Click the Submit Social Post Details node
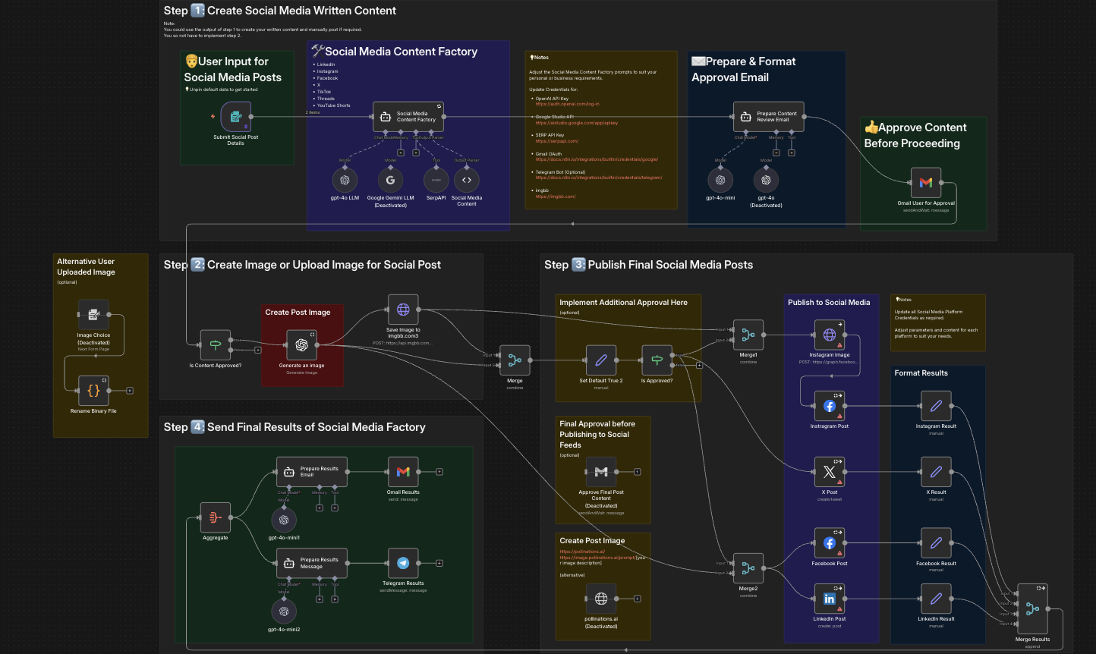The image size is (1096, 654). click(x=235, y=117)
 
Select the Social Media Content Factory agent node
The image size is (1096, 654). click(x=408, y=117)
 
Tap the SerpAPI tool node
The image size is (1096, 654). click(x=436, y=180)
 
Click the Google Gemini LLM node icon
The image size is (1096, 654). click(x=390, y=180)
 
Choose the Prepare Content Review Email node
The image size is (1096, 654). click(x=768, y=117)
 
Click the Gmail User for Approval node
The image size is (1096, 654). click(x=925, y=183)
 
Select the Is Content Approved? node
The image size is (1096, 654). click(x=216, y=345)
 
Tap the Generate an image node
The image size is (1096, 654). click(x=301, y=345)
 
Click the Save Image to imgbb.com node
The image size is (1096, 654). click(x=403, y=310)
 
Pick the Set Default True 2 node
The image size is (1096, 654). click(x=601, y=360)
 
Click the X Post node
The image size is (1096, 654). click(x=829, y=472)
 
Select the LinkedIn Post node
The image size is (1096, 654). click(x=829, y=599)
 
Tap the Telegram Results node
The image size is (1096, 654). click(x=403, y=563)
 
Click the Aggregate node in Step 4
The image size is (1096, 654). click(x=216, y=517)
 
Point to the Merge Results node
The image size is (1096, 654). click(x=1032, y=608)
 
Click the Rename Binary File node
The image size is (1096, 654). click(x=93, y=391)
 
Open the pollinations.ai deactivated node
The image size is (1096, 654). click(x=601, y=599)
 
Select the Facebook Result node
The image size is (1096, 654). click(x=936, y=543)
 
